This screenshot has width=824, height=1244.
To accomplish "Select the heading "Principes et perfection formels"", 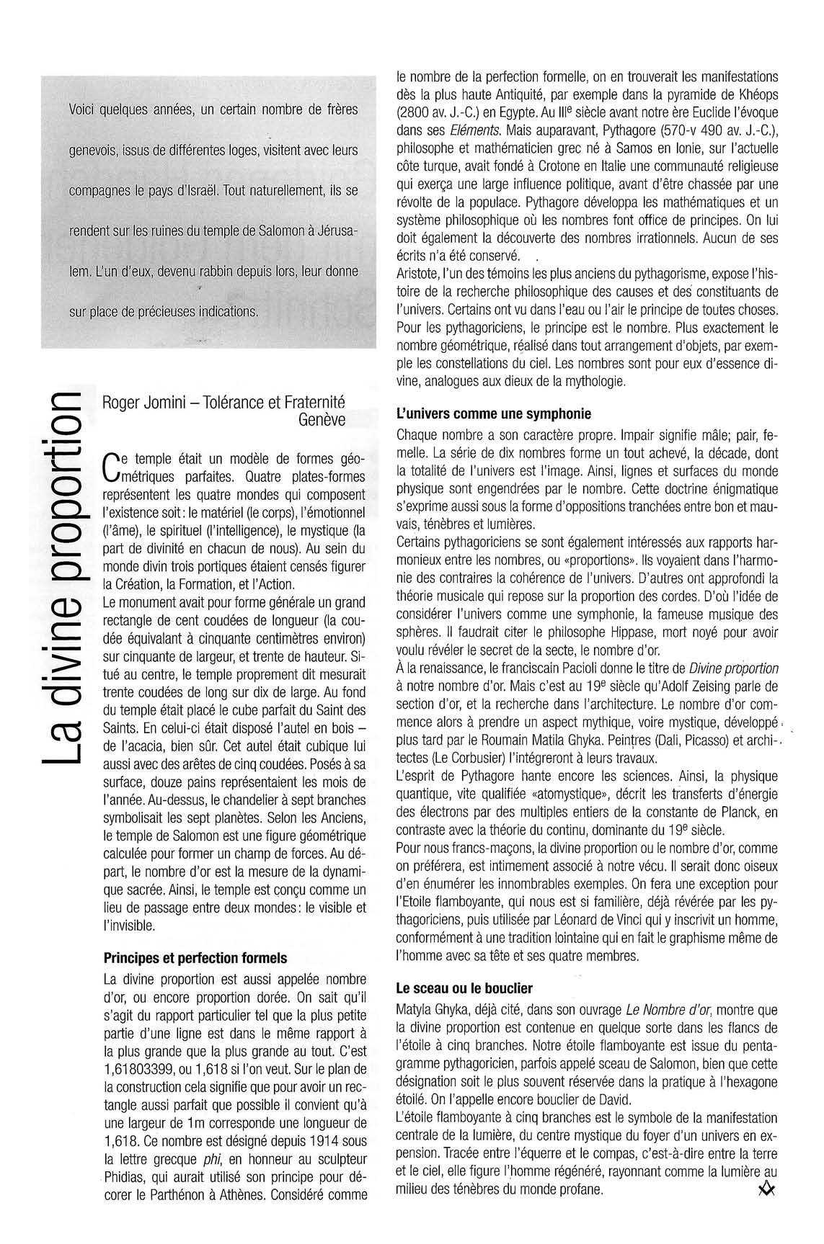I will pos(195,958).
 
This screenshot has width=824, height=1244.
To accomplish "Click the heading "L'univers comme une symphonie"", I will pos(494,414).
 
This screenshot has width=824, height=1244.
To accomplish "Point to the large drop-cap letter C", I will pos(111,465).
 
